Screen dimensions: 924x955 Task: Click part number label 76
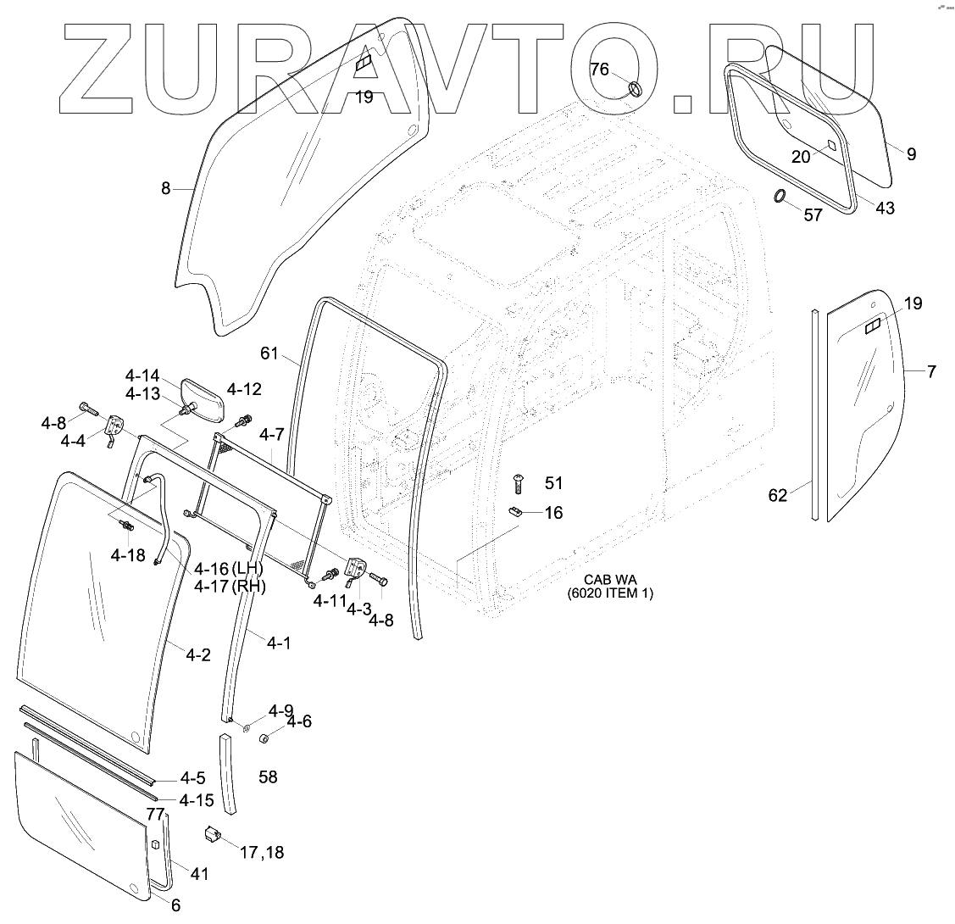(599, 70)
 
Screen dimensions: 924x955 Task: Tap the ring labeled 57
(779, 198)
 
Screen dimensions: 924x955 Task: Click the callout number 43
(884, 208)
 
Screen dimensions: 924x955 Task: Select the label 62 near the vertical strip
(778, 495)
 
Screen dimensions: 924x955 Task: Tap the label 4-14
(142, 376)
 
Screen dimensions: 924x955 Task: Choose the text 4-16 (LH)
(229, 568)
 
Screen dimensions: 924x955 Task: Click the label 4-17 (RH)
(229, 586)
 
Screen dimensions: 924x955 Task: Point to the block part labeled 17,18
(211, 835)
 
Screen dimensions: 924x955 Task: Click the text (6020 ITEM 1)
(610, 593)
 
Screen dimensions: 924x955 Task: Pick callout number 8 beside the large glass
(166, 188)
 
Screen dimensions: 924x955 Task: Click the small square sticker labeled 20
(830, 145)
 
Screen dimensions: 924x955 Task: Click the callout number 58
(269, 776)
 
